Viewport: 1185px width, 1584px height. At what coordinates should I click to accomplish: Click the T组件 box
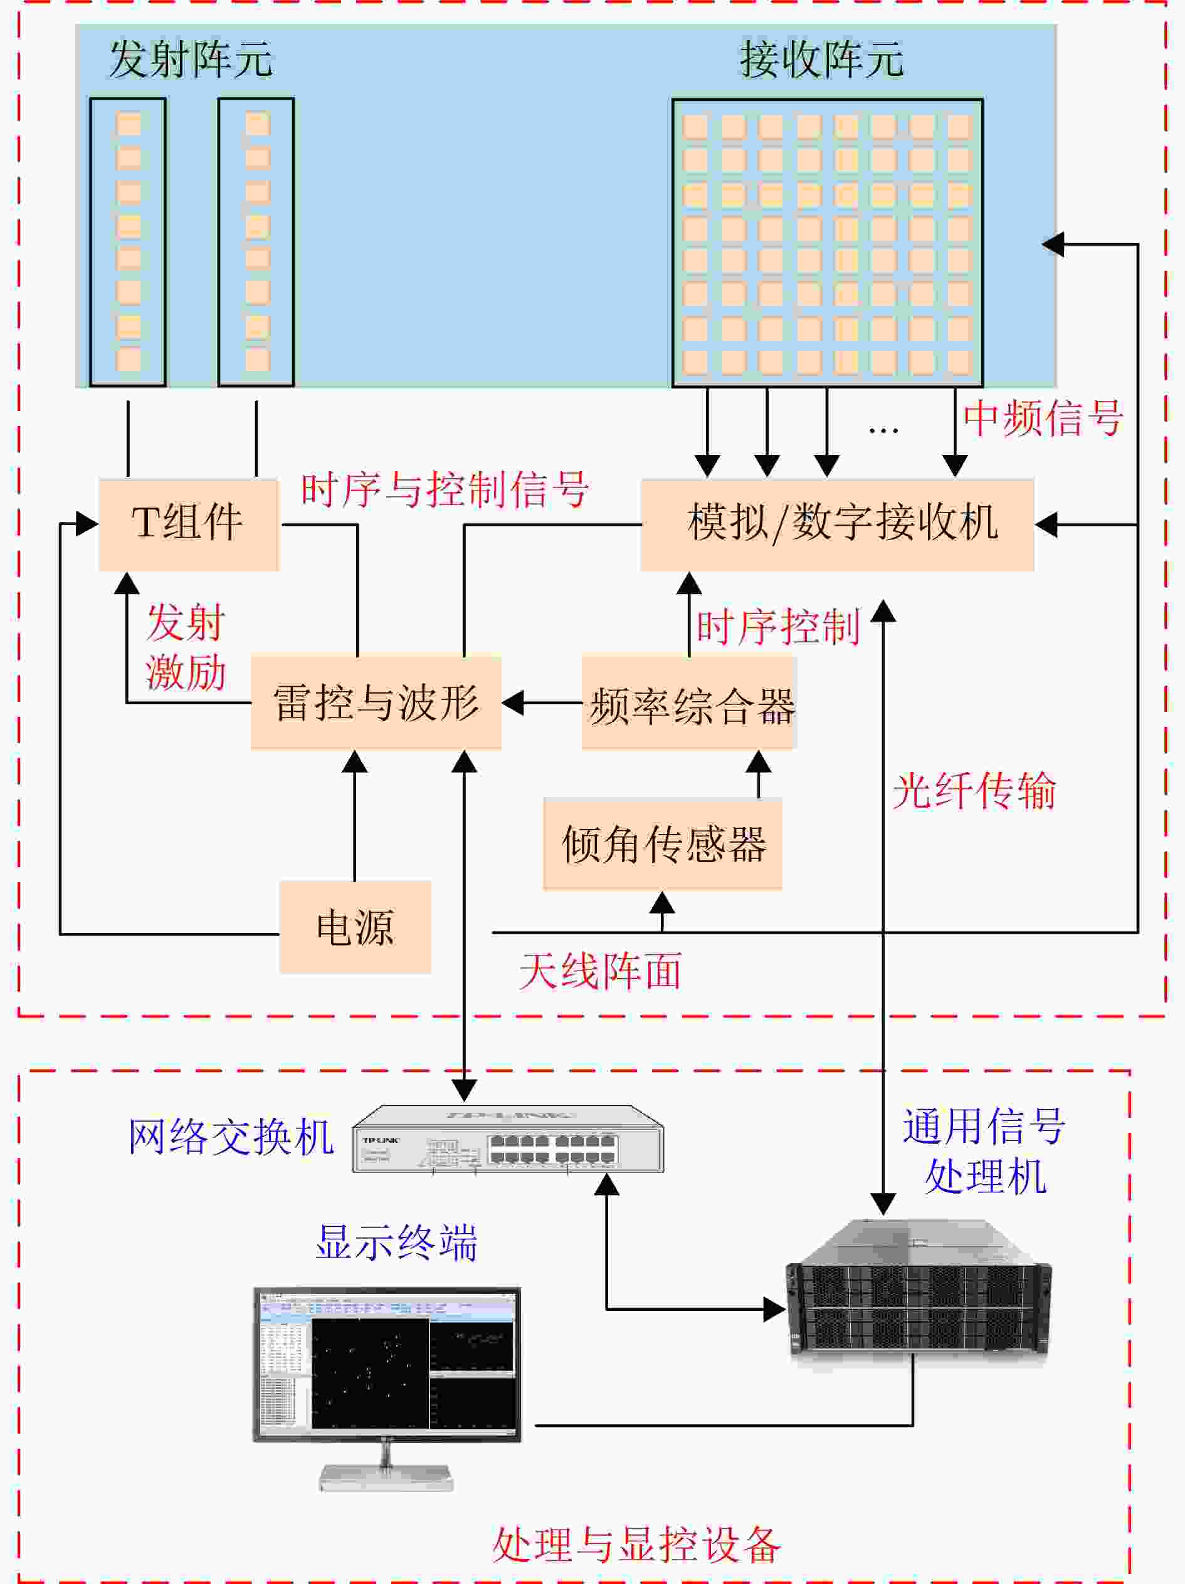[187, 524]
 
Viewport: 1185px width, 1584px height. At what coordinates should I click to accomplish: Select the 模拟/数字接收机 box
[837, 524]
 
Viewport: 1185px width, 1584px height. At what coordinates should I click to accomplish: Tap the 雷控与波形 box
[376, 702]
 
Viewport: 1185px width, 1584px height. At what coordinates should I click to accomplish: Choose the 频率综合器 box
[689, 702]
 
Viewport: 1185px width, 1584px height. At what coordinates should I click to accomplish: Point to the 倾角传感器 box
[663, 843]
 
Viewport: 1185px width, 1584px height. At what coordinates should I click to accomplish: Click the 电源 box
[355, 927]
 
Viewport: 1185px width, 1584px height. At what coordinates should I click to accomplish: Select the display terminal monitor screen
[387, 1364]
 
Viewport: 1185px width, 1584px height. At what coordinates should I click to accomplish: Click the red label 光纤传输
[974, 791]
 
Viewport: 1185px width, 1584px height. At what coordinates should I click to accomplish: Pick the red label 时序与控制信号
[444, 490]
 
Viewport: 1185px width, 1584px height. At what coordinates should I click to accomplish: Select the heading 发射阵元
[191, 59]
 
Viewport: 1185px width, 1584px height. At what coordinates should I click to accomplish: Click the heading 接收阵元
[821, 59]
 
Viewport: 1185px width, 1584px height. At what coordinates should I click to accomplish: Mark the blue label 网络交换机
[231, 1137]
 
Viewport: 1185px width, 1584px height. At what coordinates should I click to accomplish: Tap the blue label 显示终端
[396, 1243]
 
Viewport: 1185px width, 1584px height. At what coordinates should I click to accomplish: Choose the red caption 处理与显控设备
[636, 1545]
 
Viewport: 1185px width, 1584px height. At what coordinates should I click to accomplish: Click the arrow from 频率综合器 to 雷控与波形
[542, 702]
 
